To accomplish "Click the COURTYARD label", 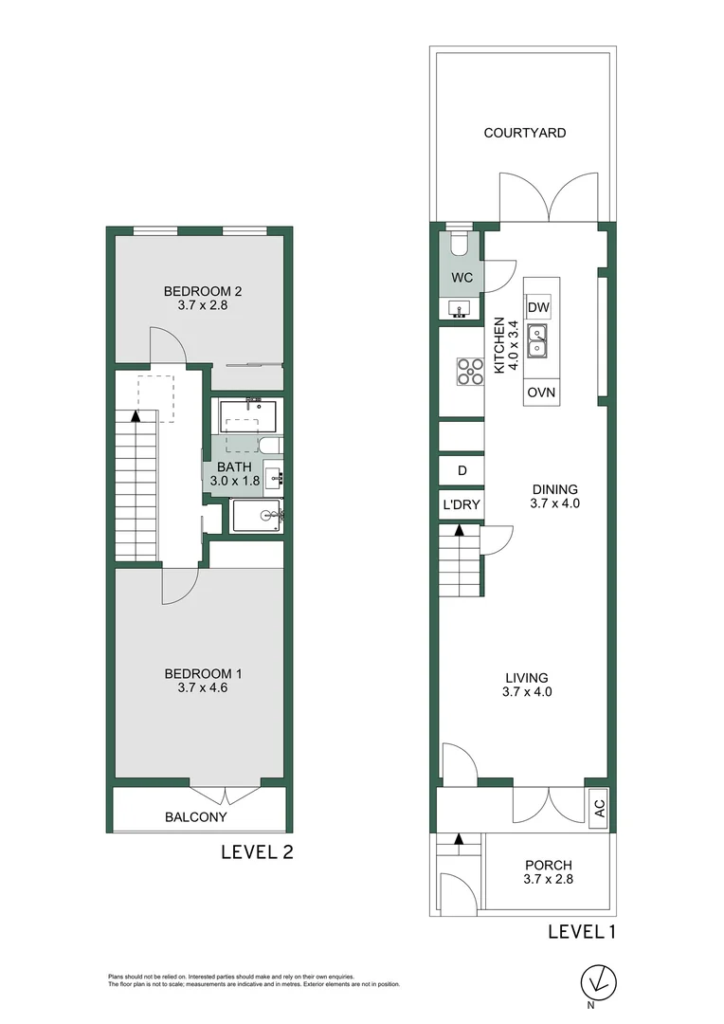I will (525, 133).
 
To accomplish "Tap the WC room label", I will (462, 278).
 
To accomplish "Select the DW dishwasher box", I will (538, 307).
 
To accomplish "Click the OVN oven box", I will (541, 393).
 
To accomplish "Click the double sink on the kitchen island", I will (538, 340).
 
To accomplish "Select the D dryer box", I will (462, 471).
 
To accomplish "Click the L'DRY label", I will (461, 506).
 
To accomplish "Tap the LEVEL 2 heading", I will (257, 851).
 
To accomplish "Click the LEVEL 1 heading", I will (582, 931).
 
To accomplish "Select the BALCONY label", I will (196, 816).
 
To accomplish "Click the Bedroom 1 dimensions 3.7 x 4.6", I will (203, 688).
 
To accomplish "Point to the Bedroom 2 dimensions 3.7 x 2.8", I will (203, 305).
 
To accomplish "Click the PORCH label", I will (550, 865).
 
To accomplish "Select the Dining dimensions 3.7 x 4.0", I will (554, 503).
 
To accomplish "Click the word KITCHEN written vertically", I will (499, 346).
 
